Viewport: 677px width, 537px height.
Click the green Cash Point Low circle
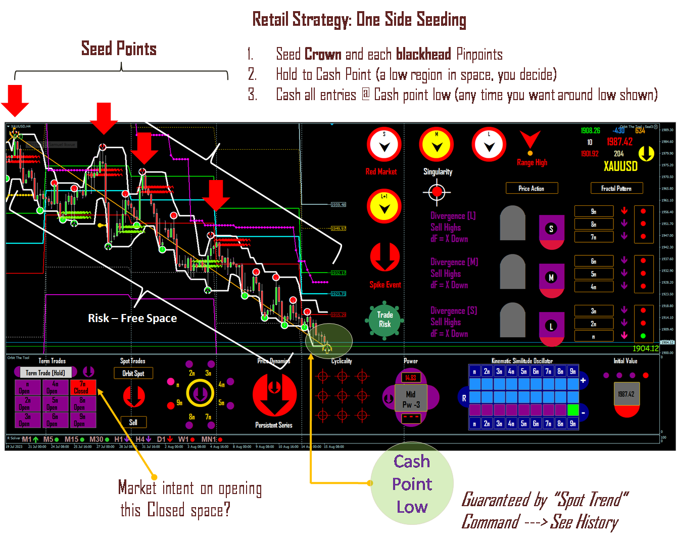tap(412, 483)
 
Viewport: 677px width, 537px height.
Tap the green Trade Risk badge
tap(384, 320)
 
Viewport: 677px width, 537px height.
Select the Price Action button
tap(531, 188)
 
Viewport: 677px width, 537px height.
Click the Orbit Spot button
tap(133, 373)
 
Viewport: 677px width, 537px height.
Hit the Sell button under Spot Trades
tap(133, 422)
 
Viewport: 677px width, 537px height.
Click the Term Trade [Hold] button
tap(45, 373)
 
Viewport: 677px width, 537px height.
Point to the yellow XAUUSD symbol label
tap(620, 166)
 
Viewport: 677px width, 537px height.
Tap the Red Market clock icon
tap(384, 145)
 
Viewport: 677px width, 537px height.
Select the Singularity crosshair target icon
tap(437, 192)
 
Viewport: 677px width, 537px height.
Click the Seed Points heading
tap(119, 49)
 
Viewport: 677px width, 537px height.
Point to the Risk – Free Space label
tap(132, 318)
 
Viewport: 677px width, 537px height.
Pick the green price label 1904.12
tap(645, 348)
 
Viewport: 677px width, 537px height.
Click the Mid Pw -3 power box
tap(411, 399)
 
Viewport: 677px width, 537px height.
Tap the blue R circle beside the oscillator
tap(464, 398)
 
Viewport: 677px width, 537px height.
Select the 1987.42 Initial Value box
tap(626, 394)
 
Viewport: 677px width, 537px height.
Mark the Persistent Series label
tap(274, 425)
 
